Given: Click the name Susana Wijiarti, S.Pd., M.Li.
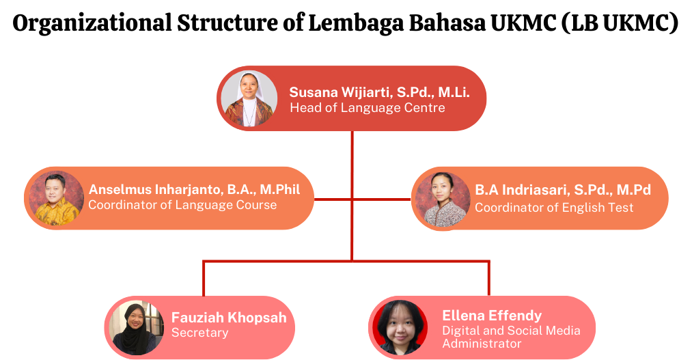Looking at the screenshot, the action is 379,92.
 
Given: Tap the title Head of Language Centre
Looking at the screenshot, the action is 368,108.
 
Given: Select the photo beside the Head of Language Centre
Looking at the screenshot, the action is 249,99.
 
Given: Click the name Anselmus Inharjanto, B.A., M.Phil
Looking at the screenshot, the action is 194,190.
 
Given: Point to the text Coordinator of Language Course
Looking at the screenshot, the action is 182,205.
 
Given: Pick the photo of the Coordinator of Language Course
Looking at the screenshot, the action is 57,198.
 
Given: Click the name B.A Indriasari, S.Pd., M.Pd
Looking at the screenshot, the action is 563,190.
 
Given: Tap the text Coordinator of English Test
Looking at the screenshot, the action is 554,208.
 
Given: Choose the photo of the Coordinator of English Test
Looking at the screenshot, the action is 443,199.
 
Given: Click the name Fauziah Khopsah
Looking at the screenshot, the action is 229,318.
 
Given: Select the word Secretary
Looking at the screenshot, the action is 199,333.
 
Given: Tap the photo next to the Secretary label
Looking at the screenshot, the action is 137,328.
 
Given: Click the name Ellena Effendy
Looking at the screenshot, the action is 492,316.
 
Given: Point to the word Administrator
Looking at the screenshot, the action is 482,344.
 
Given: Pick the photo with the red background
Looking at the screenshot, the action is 400,328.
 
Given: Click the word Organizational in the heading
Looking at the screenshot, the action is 92,23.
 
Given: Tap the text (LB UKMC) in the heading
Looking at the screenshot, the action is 620,23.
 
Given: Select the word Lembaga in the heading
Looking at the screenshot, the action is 356,23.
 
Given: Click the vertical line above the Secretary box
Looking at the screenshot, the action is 204,279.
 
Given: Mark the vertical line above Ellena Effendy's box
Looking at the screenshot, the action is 489,279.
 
